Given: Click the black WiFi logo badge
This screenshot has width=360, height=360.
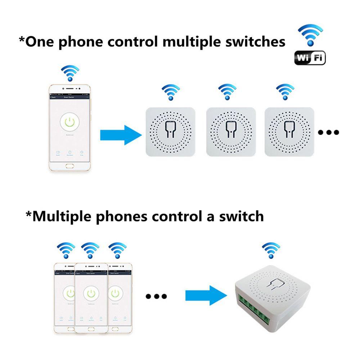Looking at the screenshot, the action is pos(310,58).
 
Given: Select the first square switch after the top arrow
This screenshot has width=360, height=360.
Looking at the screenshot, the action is pos(170,132).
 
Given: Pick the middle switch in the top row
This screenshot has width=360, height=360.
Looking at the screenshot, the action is pos(231,132).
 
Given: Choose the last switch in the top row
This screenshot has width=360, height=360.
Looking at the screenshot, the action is pos(289,132).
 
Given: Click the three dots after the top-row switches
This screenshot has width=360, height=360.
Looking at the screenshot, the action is pos(328,132).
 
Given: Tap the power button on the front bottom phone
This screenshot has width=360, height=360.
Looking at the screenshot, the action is pos(91,293).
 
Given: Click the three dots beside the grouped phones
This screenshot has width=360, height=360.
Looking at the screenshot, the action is pos(156,296).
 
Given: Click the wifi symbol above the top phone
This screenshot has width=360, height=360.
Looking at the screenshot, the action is pos(70,72).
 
